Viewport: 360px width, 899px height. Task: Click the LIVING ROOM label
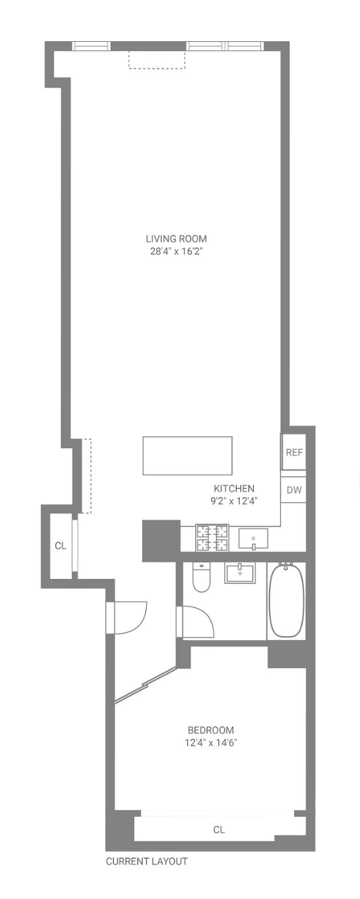[x=176, y=239]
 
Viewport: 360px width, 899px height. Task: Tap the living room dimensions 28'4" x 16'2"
[x=176, y=252]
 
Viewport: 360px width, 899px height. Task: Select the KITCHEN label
[x=234, y=489]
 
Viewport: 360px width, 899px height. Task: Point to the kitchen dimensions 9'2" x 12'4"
[x=234, y=501]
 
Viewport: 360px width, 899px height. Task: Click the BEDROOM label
[x=211, y=730]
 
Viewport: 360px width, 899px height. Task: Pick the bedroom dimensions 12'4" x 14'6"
[x=211, y=743]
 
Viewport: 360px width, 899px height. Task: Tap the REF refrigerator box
[x=294, y=453]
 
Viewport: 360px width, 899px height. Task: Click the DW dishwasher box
[x=294, y=491]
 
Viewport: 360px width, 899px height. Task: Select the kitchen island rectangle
[x=187, y=455]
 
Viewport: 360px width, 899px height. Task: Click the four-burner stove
[x=212, y=538]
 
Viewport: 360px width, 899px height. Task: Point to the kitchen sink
[x=253, y=538]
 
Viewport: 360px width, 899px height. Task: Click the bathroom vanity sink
[x=240, y=572]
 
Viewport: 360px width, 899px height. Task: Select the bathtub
[x=286, y=600]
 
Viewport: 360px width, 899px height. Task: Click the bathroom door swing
[x=197, y=621]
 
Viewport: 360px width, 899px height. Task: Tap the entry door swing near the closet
[x=128, y=617]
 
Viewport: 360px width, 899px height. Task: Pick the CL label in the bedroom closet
[x=219, y=830]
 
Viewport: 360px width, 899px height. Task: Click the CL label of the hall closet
[x=60, y=546]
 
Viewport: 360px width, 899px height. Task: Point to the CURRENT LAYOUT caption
[x=147, y=862]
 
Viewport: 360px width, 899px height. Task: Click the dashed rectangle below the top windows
[x=157, y=60]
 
